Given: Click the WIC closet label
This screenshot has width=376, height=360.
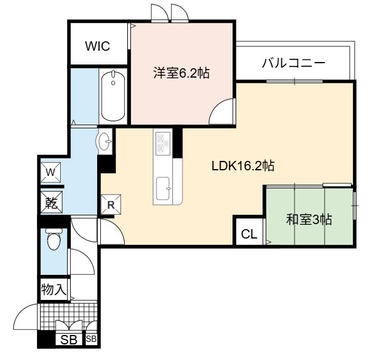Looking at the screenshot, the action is tap(98, 46).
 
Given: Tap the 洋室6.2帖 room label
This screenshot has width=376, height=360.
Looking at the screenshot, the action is tap(182, 73).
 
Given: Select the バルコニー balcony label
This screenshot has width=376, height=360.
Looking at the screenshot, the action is tap(293, 63).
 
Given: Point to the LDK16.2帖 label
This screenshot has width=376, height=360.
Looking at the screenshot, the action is tap(243, 165).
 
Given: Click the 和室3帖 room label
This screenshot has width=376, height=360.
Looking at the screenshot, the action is tap(309, 219).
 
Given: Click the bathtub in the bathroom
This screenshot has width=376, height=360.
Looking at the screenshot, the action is tap(113, 96).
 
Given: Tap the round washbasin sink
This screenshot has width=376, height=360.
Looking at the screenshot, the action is tap(104, 141).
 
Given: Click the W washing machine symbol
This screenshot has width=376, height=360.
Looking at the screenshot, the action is tap(50, 172).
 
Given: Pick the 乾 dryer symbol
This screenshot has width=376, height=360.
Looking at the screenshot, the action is tap(51, 202).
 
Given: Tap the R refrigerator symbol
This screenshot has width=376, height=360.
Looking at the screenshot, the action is tap(110, 204).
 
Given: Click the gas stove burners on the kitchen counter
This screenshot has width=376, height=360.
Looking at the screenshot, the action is tap(163, 143).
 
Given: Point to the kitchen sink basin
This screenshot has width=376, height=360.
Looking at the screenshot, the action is tap(163, 188).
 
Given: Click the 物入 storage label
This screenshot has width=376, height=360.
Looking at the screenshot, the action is tap(53, 290).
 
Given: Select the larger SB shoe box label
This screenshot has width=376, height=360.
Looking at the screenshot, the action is tap(68, 339).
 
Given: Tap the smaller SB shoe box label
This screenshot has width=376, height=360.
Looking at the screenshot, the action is tap(91, 339).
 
